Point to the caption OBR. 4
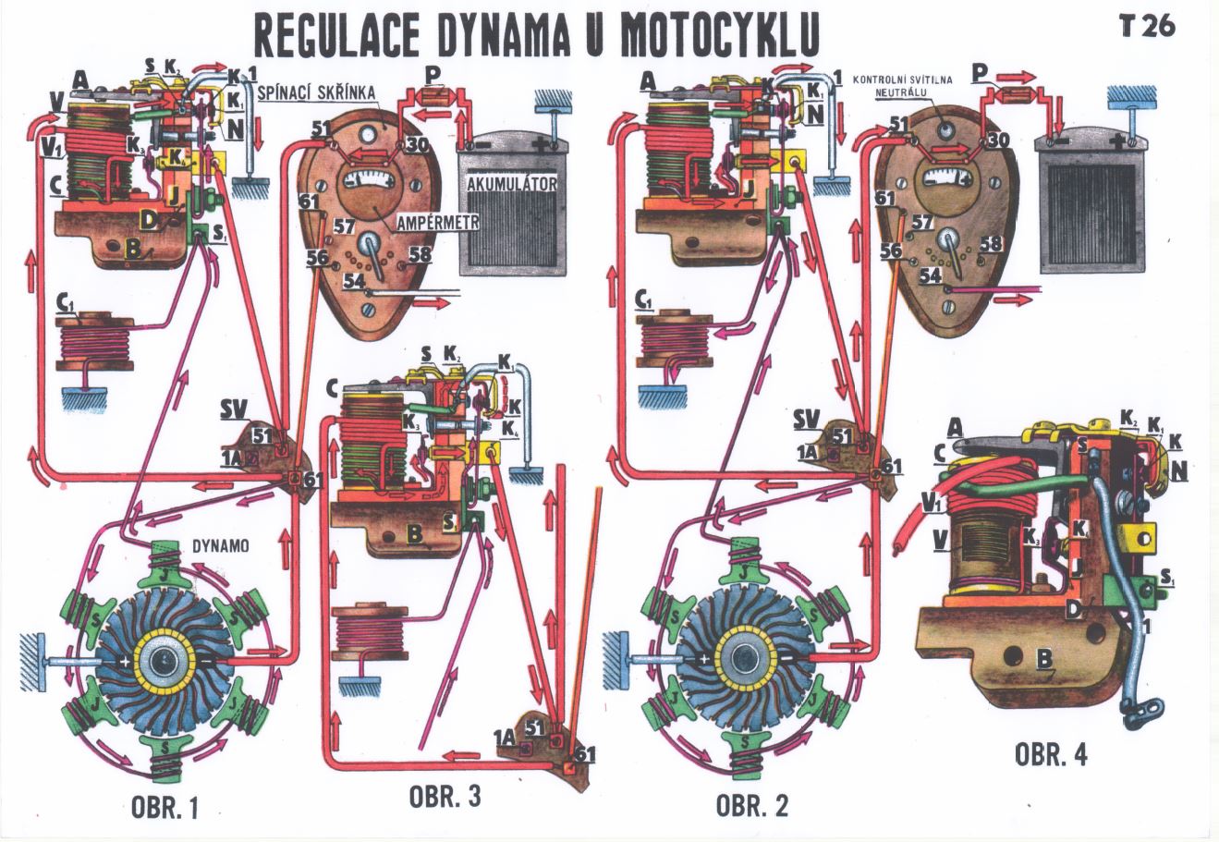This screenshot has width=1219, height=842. pyautogui.click(x=1052, y=754)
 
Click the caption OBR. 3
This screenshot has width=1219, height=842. pyautogui.click(x=445, y=797)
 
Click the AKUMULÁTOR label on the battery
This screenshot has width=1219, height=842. pyautogui.click(x=511, y=184)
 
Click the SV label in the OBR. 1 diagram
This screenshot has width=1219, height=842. pyautogui.click(x=232, y=407)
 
